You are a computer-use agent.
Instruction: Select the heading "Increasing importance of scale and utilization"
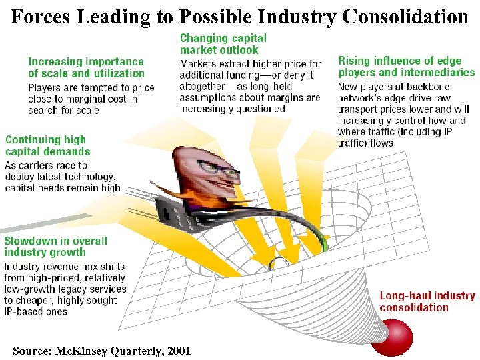pyautogui.click(x=86, y=67)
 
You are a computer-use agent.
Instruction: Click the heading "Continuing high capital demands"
pyautogui.click(x=47, y=145)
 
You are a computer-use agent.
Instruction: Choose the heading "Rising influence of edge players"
pyautogui.click(x=406, y=66)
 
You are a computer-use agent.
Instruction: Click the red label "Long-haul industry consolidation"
pyautogui.click(x=427, y=301)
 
